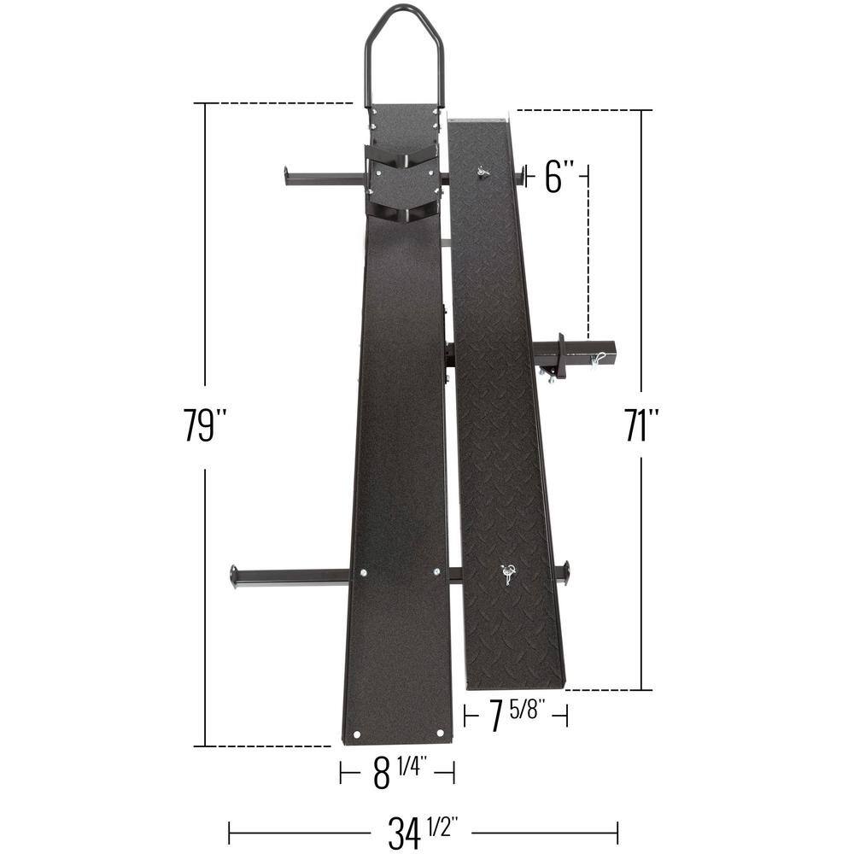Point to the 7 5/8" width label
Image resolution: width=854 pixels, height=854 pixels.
point(515,715)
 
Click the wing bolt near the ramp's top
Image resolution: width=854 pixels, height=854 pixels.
point(483,173)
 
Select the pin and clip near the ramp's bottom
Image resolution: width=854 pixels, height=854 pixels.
point(509,574)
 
